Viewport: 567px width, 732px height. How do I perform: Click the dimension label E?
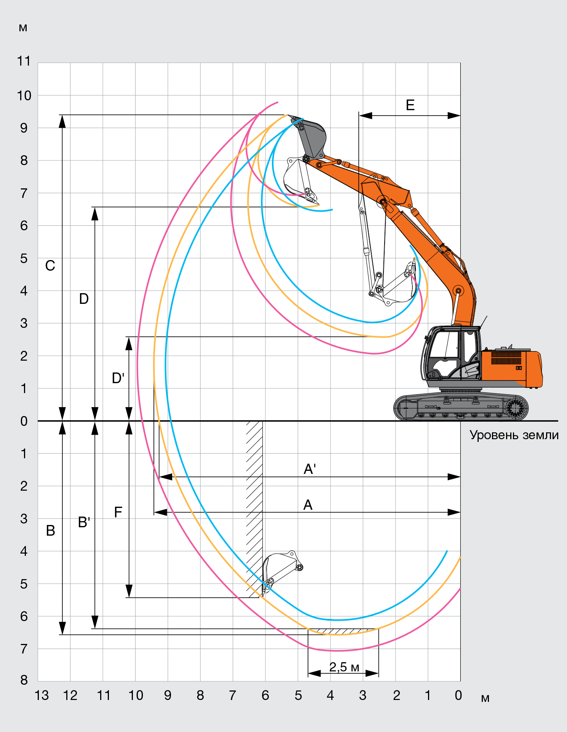pos(410,105)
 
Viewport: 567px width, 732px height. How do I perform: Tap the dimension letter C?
pos(50,265)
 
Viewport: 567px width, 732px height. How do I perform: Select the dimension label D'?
pos(118,378)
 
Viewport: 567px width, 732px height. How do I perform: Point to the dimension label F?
pos(118,512)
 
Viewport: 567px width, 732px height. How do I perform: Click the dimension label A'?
pos(310,469)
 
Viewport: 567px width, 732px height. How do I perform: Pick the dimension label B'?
pos(84,522)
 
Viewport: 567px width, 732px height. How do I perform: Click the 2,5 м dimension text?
pos(344,667)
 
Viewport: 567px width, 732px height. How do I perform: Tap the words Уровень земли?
pos(514,435)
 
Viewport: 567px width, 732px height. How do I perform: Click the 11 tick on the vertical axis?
pos(24,61)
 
